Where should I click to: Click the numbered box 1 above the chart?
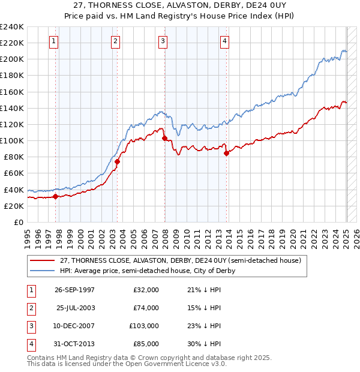point(54,41)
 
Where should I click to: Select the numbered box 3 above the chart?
point(163,41)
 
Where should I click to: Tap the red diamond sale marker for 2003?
point(118,161)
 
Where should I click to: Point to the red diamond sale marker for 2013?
point(226,153)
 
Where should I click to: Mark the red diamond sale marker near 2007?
point(164,139)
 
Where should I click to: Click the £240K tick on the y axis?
point(12,27)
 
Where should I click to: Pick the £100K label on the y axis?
point(12,140)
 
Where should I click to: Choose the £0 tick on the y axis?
point(19,222)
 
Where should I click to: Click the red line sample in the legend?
point(42,260)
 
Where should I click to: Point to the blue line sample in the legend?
point(42,271)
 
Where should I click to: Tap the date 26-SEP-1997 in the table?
point(74,290)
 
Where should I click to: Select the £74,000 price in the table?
point(146,308)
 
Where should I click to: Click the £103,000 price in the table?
point(144,326)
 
